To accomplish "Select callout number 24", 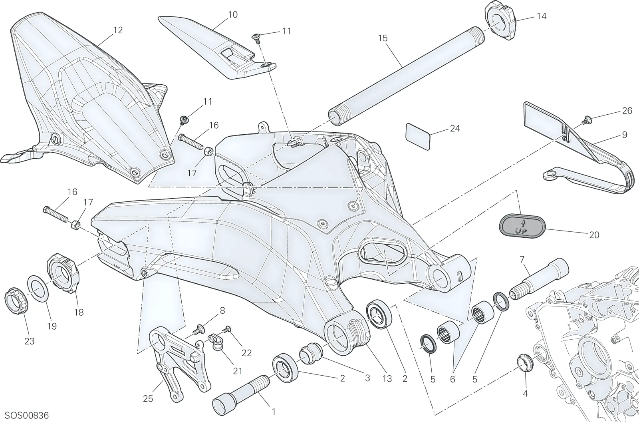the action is tap(455, 129).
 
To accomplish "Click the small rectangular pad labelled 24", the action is tap(418, 137).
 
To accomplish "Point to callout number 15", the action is tap(383, 38).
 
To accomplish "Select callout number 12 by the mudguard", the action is tap(117, 30).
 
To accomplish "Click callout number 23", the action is tap(30, 341).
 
